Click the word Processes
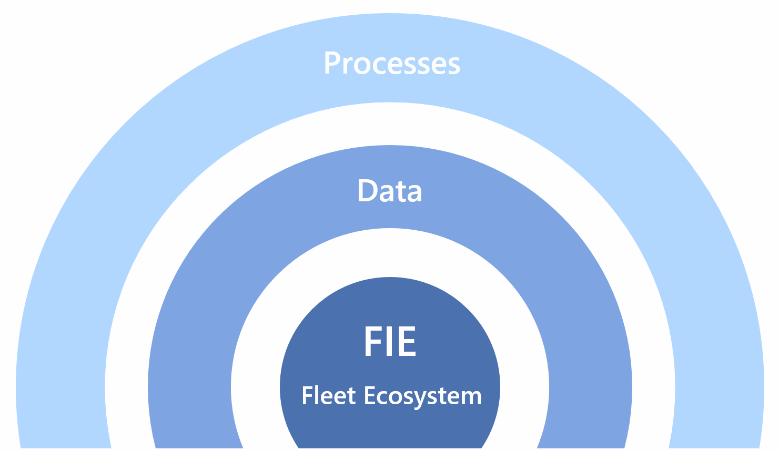(x=392, y=64)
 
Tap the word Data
(x=390, y=191)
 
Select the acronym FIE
(x=390, y=342)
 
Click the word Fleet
(x=329, y=396)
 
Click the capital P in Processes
(x=331, y=63)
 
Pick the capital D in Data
(x=367, y=190)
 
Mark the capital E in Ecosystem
(x=369, y=396)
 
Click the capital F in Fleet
(x=307, y=396)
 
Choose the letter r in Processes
(x=346, y=66)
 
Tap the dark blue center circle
(x=390, y=305)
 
